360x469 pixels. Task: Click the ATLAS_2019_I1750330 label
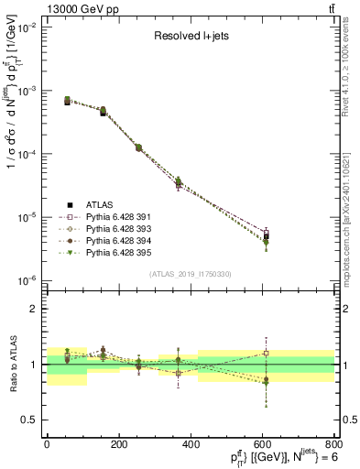tap(191, 273)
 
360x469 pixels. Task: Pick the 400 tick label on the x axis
tap(190, 445)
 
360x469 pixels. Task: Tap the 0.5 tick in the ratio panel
tap(29, 420)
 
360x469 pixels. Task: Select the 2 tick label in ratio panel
tap(34, 310)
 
